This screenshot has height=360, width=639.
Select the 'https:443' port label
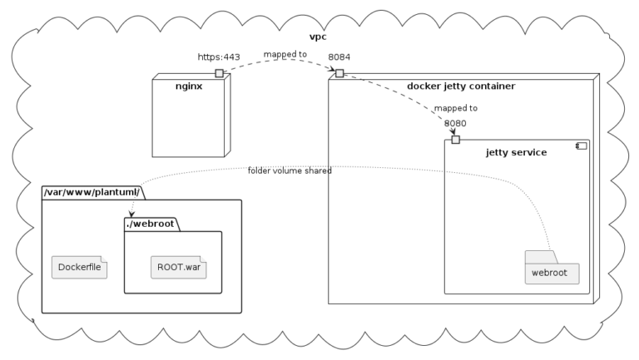(219, 57)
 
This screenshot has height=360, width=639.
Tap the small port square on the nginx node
(219, 74)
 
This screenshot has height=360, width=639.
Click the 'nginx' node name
(189, 86)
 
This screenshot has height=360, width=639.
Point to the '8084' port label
(339, 57)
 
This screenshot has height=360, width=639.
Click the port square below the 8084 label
(339, 74)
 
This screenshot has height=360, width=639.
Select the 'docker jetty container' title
(461, 86)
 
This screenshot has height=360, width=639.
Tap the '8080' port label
(455, 123)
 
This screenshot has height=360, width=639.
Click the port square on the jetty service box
(455, 139)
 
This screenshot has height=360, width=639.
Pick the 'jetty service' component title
(516, 152)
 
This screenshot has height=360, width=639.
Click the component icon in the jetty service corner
(582, 146)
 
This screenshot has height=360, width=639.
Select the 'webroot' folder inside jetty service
(551, 272)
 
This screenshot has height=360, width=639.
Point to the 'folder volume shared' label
(290, 170)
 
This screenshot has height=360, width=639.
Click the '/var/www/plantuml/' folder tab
(92, 192)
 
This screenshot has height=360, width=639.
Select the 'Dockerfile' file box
(79, 268)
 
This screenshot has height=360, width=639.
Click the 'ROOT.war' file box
(179, 268)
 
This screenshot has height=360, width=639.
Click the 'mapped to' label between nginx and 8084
(285, 55)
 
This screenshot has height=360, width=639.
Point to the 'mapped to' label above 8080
(455, 108)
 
